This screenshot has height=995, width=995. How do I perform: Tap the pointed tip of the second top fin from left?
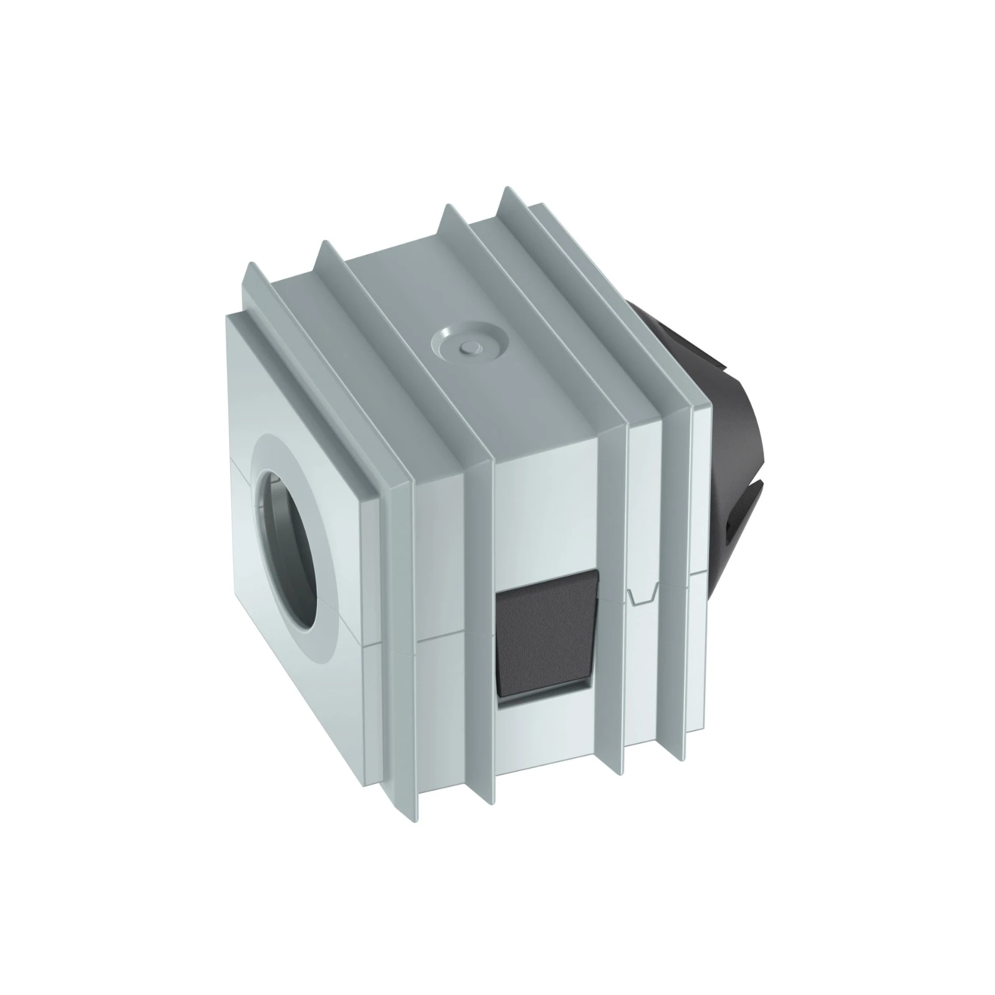coord(323,244)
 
